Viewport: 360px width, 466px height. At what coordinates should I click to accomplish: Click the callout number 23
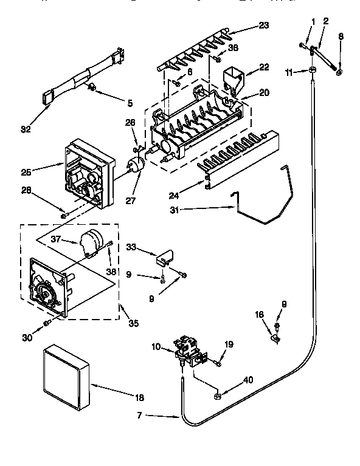pyautogui.click(x=263, y=26)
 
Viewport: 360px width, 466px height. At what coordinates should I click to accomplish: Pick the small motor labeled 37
pyautogui.click(x=92, y=241)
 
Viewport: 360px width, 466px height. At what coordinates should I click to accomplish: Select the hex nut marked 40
pyautogui.click(x=216, y=397)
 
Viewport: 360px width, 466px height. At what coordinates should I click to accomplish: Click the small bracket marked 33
pyautogui.click(x=162, y=258)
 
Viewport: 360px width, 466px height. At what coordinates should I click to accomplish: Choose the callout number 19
pyautogui.click(x=229, y=344)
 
